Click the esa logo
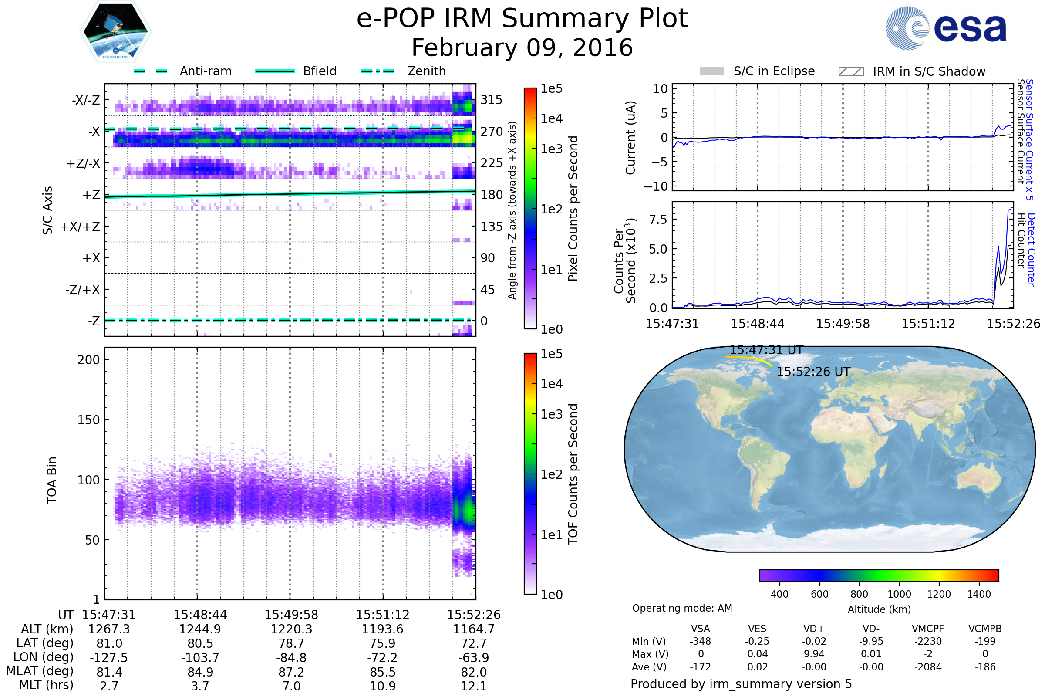click(x=946, y=28)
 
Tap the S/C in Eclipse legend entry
click(x=757, y=71)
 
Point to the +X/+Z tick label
click(x=80, y=227)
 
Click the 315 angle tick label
click(x=492, y=100)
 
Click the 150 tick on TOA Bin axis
click(x=88, y=420)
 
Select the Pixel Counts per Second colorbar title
click(x=573, y=209)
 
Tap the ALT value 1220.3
click(x=291, y=629)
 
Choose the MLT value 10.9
click(x=383, y=686)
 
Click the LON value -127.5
click(x=109, y=657)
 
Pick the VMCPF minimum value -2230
click(x=928, y=641)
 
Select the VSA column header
click(x=700, y=629)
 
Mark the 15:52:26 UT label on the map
click(x=813, y=372)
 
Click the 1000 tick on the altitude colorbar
click(x=899, y=594)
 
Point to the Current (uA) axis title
click(x=630, y=138)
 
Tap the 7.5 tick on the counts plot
click(x=658, y=219)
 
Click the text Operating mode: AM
click(x=682, y=608)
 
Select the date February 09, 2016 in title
click(x=522, y=47)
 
